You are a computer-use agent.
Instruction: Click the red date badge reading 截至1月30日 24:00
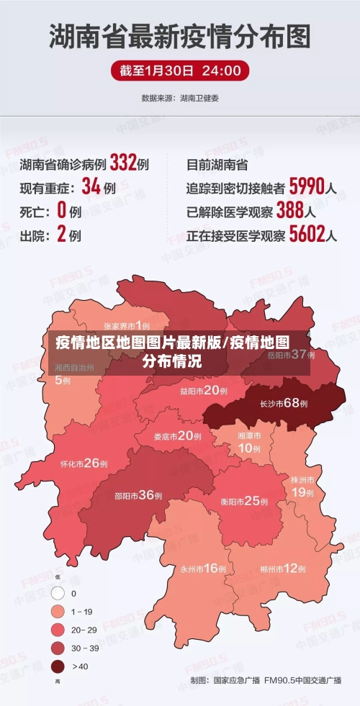(x=180, y=71)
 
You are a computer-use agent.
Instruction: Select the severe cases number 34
(x=90, y=187)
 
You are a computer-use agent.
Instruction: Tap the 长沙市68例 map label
(x=284, y=403)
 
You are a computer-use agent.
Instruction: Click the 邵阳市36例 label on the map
(x=138, y=495)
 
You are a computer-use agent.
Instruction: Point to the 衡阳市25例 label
(x=245, y=501)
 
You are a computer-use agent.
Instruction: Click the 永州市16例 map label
(x=203, y=569)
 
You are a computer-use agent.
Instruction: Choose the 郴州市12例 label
(x=283, y=569)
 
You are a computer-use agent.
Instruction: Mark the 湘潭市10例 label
(x=250, y=442)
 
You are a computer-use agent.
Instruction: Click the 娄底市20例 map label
(x=177, y=435)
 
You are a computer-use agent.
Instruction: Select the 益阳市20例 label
(x=204, y=391)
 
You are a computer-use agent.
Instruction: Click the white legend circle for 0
(x=58, y=594)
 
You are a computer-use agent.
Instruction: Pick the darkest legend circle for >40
(x=58, y=666)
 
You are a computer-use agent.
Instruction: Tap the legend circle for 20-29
(x=58, y=630)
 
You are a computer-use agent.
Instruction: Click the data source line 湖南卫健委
(x=180, y=97)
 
